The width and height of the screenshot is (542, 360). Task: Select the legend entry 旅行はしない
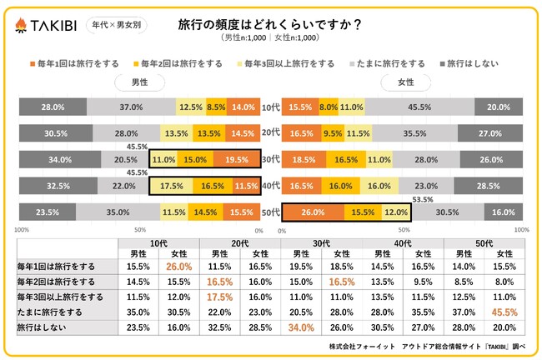pos(472,63)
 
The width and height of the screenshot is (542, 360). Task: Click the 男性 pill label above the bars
pos(139,83)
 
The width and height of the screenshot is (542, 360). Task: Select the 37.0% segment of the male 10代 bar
pos(131,107)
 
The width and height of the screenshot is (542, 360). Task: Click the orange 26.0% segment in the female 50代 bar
pos(314,213)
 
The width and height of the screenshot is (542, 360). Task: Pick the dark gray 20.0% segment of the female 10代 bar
pos(499,107)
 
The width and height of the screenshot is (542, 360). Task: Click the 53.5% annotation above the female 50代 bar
pos(424,200)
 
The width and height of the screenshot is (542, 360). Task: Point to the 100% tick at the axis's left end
pos(23,230)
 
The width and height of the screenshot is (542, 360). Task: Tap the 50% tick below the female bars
pos(403,230)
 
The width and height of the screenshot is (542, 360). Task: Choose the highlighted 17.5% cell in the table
pos(219,296)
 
